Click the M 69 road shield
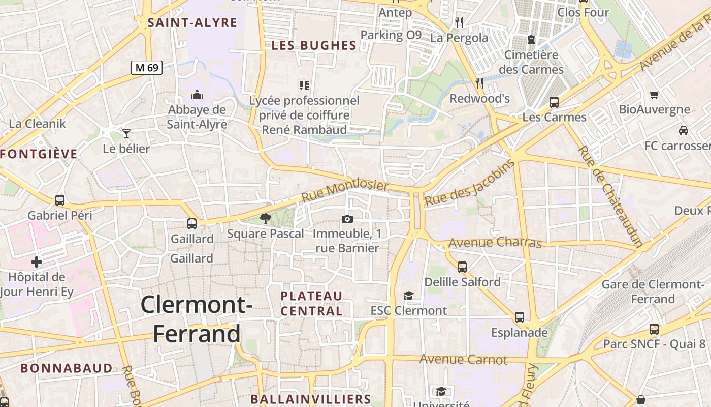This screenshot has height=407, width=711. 147,67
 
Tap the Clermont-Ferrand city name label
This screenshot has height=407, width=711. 197,319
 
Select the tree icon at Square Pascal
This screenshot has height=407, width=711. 265,219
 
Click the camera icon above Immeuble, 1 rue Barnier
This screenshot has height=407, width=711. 347,219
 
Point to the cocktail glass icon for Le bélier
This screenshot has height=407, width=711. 126,134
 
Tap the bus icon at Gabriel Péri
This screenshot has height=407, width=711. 60,200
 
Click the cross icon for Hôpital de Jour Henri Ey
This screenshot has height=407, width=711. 37,262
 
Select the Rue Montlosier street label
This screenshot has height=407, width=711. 345,191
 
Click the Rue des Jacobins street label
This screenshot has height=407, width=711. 469,183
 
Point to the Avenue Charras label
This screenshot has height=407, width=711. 496,242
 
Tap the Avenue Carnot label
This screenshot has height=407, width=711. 463,360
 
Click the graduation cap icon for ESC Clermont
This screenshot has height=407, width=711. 408,296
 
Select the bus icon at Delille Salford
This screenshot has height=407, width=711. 462,267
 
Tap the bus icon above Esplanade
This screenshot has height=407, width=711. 520,317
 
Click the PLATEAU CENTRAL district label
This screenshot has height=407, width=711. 312,303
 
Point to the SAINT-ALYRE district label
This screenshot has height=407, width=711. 192,22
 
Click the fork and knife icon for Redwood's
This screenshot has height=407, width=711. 479,83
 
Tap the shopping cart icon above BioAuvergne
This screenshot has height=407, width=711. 655,95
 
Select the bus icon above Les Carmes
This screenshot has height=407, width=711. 554,102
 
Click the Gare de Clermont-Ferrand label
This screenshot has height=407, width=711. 653,292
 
